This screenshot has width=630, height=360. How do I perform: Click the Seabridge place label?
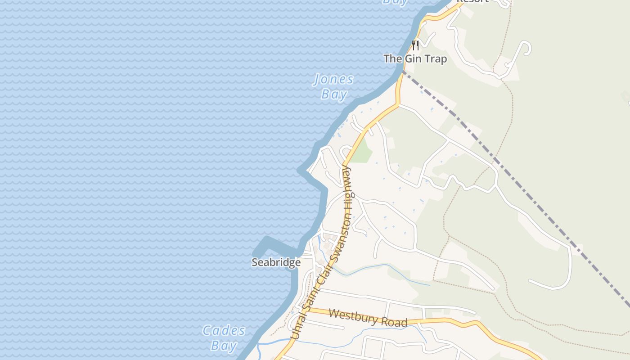(276, 262)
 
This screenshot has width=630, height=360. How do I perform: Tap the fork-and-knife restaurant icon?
(415, 45)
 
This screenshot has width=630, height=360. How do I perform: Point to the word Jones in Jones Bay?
(333, 80)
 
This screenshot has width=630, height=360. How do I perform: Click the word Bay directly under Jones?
(334, 94)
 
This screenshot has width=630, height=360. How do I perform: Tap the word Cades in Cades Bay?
(224, 331)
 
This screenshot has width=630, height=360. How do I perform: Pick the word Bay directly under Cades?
(224, 346)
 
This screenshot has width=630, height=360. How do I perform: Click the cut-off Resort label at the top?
(472, 1)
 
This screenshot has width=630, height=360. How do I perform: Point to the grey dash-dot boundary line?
(517, 180)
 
